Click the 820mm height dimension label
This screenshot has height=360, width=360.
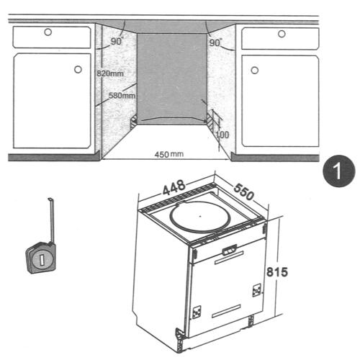[110, 73]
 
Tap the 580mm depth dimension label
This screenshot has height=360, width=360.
[122, 96]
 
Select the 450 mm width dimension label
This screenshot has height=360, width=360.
[169, 154]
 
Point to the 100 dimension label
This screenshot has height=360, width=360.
[222, 135]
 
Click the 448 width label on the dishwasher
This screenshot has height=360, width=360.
[174, 187]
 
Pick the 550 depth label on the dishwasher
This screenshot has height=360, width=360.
[243, 192]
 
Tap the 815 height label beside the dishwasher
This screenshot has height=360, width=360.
[277, 272]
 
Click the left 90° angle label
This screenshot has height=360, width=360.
[117, 41]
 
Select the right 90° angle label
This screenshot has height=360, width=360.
[215, 42]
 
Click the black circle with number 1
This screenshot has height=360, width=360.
[338, 171]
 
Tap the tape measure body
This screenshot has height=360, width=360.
[41, 258]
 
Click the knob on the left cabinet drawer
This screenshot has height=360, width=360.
[48, 32]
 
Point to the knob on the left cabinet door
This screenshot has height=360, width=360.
[78, 69]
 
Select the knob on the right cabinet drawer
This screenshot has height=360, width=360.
[282, 34]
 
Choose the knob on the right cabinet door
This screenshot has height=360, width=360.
[255, 71]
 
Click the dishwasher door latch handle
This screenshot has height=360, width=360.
[230, 250]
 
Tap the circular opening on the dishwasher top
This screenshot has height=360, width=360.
[200, 217]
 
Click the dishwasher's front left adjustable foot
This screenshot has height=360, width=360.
[179, 340]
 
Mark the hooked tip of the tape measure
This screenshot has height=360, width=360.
[50, 199]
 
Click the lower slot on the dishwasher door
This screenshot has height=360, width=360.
[226, 311]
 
